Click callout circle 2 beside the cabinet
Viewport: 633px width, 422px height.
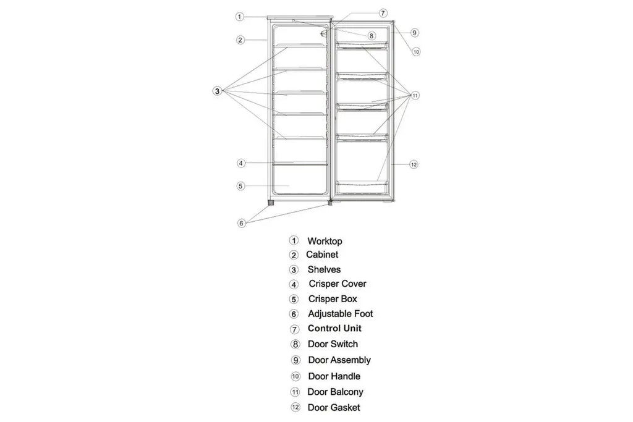[240, 40]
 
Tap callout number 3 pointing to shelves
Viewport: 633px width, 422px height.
[217, 91]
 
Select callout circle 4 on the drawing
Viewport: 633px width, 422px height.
[240, 163]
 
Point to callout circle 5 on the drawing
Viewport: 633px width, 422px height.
[240, 185]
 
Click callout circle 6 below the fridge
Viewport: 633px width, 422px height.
[241, 223]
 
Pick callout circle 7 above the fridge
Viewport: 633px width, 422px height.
[383, 13]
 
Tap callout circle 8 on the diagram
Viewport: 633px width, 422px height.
[372, 36]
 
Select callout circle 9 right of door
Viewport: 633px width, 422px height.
[414, 32]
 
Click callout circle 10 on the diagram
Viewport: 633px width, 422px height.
[416, 52]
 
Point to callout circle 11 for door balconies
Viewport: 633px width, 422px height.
[415, 95]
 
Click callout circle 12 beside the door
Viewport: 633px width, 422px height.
[414, 164]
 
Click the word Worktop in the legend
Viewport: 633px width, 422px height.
[325, 241]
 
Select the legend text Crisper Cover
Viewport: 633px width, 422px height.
[338, 284]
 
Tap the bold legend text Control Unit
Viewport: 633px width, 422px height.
[334, 329]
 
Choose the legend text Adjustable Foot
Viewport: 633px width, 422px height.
[340, 314]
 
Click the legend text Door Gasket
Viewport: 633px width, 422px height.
[334, 407]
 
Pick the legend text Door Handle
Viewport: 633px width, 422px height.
[334, 376]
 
